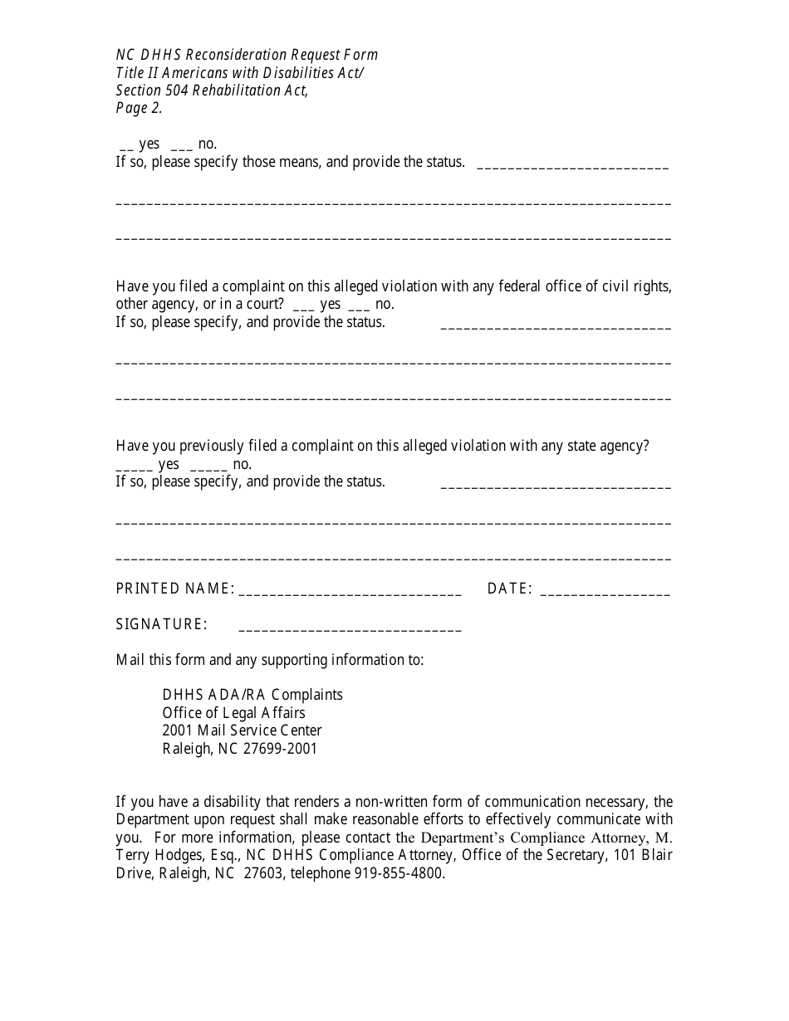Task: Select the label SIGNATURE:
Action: click(162, 624)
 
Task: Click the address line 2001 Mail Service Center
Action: click(242, 730)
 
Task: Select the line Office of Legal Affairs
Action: click(233, 712)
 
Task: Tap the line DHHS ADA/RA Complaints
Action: click(252, 694)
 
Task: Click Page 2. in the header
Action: click(139, 108)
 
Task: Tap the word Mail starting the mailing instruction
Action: click(130, 660)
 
